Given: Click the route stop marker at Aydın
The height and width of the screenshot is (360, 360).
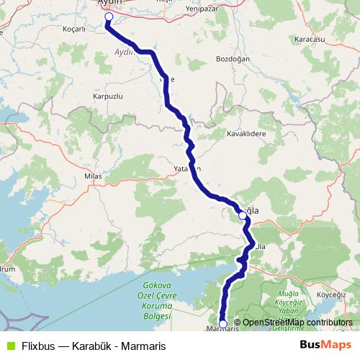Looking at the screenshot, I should (109, 17).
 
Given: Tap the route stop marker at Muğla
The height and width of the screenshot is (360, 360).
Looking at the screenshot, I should (243, 215).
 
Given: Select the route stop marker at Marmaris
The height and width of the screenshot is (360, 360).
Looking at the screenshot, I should (222, 324).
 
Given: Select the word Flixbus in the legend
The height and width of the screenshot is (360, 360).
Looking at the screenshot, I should (37, 345).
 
